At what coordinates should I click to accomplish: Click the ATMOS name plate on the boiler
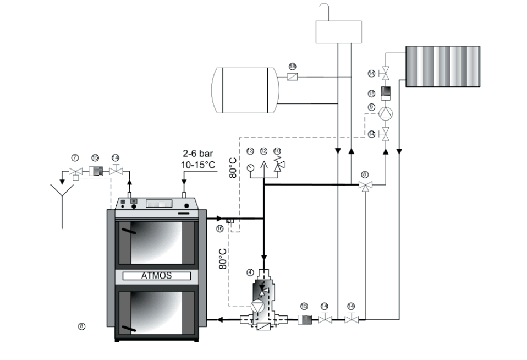pyautogui.click(x=157, y=276)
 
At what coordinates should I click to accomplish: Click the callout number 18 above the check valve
pyautogui.click(x=293, y=66)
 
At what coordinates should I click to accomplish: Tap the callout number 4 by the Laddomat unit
pyautogui.click(x=250, y=271)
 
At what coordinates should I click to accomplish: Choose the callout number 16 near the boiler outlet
pyautogui.click(x=220, y=228)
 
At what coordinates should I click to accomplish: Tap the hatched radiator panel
pyautogui.click(x=443, y=66)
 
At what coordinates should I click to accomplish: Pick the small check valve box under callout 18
pyautogui.click(x=293, y=78)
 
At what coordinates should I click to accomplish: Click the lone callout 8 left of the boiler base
pyautogui.click(x=81, y=326)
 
